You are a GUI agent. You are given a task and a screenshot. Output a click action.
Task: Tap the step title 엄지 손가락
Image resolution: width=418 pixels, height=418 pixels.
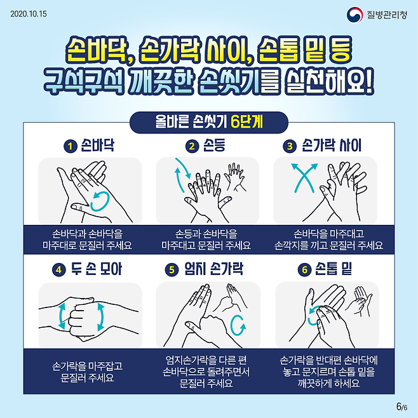pos(213,269)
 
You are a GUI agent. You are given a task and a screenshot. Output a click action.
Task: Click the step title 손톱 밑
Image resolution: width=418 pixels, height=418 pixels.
pos(334,269)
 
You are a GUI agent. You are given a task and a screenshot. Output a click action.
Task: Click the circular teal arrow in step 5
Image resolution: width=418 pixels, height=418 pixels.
pos(239,325)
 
